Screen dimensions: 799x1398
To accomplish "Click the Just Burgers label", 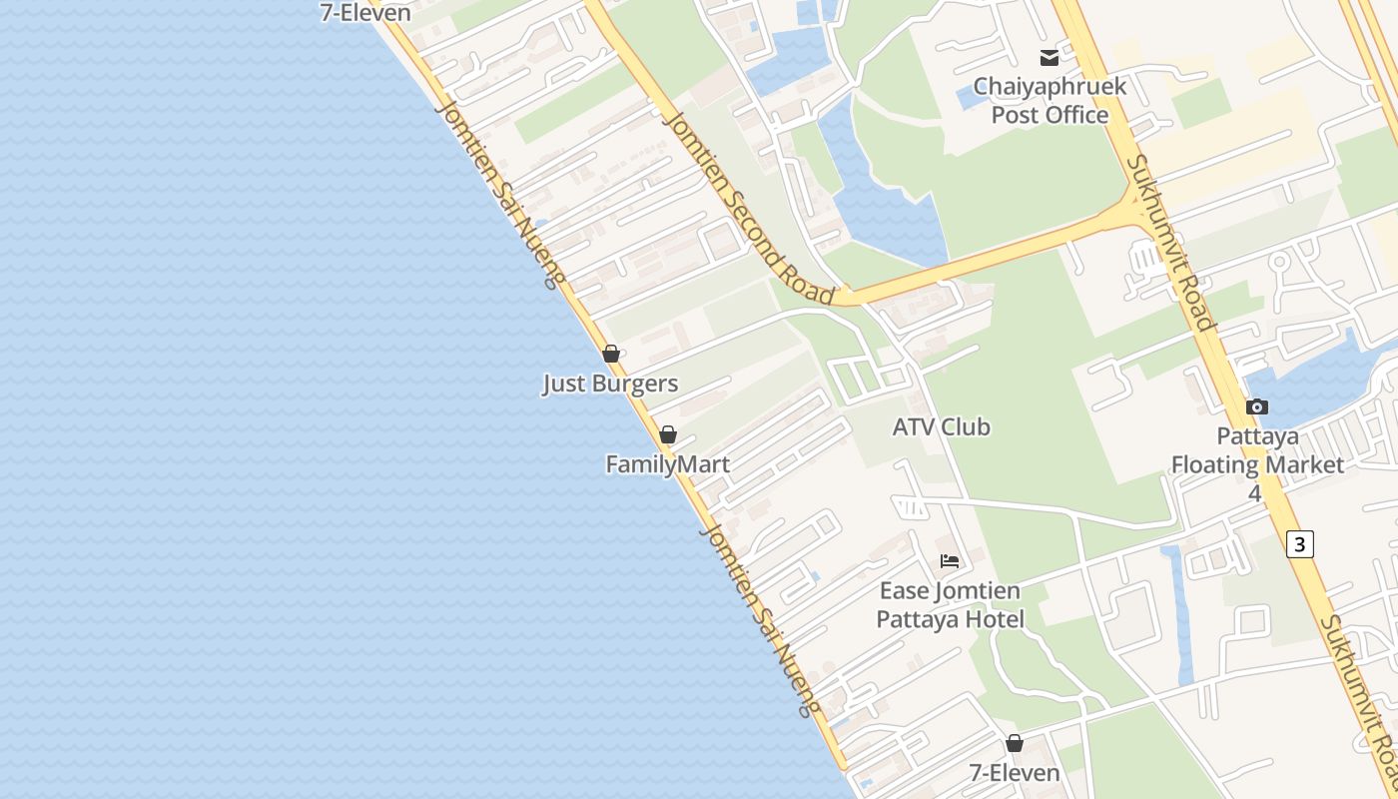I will click(610, 384).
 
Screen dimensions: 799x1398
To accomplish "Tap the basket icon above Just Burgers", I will click(611, 354).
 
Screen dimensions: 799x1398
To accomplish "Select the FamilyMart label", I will click(667, 464).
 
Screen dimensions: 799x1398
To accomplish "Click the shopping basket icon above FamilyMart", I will click(668, 434).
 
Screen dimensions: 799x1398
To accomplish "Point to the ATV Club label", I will click(941, 426).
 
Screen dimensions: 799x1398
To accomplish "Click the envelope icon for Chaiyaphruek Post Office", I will click(1048, 58).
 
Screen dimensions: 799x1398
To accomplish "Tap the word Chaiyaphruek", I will click(1049, 86).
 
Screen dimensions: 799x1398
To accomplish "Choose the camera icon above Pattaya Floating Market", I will click(1257, 406).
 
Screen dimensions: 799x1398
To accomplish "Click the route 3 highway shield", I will click(1299, 543).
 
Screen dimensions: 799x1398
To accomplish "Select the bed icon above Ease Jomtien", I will click(950, 561).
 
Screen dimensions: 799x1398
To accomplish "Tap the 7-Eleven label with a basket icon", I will click(1015, 773).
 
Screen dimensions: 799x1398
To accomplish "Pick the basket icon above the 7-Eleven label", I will click(1015, 743).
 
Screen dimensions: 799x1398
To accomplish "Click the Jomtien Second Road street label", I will click(749, 208).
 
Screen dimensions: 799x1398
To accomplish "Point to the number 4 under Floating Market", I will click(1255, 493).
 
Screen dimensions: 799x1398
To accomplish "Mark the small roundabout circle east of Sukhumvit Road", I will click(1279, 263).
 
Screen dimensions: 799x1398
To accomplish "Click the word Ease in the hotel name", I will click(903, 590).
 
